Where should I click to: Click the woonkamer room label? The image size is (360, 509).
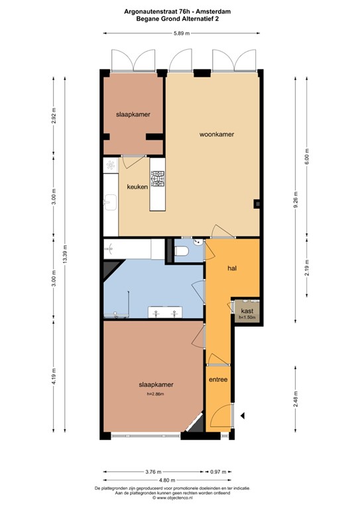coord(217,135)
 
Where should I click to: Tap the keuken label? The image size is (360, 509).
coord(137,187)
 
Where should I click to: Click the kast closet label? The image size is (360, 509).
coord(247,310)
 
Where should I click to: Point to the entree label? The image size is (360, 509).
coord(218,380)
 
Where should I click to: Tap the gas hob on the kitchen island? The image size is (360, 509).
coord(158,179)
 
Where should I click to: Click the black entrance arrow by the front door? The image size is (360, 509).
coord(243,416)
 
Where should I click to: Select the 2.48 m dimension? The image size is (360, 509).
coord(296,398)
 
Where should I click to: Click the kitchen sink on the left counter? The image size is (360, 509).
coord(109,199)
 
